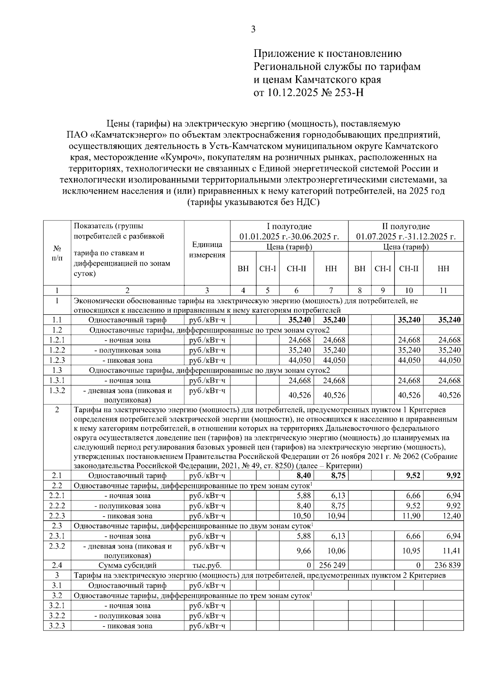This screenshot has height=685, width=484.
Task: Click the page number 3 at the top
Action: (x=253, y=29)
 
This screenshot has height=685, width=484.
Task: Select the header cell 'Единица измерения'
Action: (x=207, y=250)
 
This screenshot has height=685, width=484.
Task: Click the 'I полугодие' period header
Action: (x=289, y=226)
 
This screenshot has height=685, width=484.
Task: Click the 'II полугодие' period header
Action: (x=406, y=226)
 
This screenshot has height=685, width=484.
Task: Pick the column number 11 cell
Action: (x=443, y=290)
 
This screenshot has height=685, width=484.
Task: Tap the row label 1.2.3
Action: (x=57, y=360)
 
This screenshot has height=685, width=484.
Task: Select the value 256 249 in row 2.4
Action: (x=332, y=566)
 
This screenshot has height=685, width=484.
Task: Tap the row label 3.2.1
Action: (x=57, y=605)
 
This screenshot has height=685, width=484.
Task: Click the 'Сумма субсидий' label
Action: (x=127, y=566)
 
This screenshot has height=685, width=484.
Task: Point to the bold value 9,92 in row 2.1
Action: (x=453, y=476)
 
